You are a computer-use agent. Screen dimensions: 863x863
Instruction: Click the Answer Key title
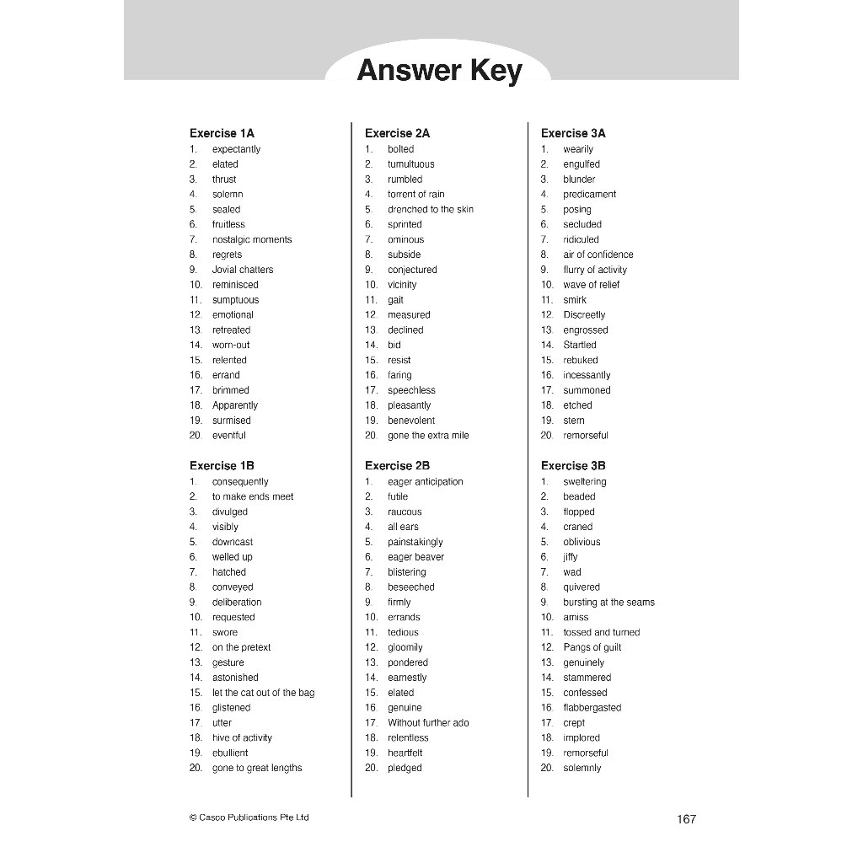click(439, 71)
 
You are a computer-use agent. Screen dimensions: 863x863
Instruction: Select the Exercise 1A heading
click(222, 133)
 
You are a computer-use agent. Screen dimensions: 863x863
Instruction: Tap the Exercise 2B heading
click(397, 465)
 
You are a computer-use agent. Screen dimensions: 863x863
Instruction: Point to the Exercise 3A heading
click(573, 133)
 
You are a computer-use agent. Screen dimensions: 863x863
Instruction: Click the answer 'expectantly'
click(236, 149)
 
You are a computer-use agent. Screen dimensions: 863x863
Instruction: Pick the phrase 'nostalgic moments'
click(252, 239)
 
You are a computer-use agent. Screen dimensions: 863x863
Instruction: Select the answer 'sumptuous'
click(235, 300)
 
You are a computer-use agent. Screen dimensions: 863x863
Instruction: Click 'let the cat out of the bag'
click(263, 693)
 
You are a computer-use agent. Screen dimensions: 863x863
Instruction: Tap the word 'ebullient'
click(230, 753)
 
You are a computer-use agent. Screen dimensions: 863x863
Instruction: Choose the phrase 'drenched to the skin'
click(431, 209)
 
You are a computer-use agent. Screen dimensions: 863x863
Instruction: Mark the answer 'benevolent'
click(411, 421)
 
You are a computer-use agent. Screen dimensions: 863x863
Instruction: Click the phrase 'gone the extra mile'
click(428, 436)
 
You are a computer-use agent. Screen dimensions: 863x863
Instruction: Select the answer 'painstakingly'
click(415, 542)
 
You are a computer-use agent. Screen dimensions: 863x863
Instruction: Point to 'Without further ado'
click(428, 723)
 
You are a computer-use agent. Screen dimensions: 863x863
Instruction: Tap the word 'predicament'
click(589, 194)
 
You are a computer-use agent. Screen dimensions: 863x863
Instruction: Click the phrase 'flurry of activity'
click(595, 270)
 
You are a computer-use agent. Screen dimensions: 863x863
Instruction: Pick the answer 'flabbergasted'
click(592, 708)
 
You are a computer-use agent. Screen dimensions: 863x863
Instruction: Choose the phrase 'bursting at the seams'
click(608, 603)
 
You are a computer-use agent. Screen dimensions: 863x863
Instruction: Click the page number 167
click(686, 819)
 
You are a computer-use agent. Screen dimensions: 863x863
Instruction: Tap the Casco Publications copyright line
click(249, 817)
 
